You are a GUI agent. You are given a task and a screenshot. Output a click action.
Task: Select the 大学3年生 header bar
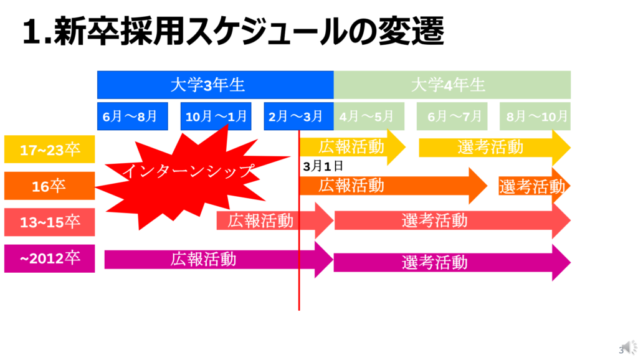(215, 85)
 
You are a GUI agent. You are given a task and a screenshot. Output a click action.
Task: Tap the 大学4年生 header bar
(452, 85)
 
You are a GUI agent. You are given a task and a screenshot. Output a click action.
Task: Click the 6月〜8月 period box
(133, 116)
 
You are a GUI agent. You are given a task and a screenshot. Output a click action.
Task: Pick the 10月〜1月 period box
(216, 116)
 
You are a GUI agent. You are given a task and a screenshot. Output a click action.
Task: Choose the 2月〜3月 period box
(298, 116)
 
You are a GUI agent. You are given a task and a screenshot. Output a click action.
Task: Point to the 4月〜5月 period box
(369, 116)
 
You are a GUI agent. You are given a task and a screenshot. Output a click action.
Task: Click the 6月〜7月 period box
(452, 116)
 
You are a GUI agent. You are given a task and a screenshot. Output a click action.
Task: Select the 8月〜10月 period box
(535, 116)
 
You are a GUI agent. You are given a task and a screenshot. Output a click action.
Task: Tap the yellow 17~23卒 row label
(50, 149)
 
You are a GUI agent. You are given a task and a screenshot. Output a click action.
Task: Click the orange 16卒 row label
(50, 186)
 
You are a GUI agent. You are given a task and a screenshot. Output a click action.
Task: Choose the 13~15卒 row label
(50, 222)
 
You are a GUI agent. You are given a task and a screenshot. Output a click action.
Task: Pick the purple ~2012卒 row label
(50, 258)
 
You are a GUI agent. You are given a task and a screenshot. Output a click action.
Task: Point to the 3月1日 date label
(323, 166)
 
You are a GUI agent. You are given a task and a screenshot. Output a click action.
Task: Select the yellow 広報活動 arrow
(353, 147)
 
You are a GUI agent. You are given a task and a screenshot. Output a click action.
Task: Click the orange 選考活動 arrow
(534, 186)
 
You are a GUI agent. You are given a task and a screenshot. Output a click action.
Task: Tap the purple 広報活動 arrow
(219, 260)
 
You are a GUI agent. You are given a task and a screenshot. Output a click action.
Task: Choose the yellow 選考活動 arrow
(495, 147)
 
